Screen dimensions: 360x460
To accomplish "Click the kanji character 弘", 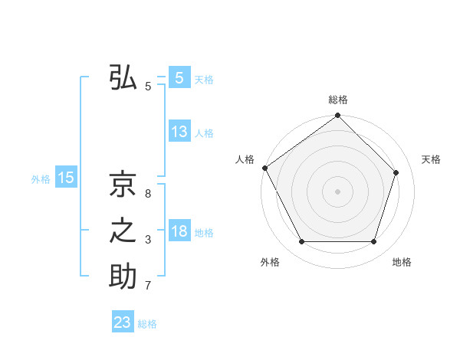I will tap(123, 78).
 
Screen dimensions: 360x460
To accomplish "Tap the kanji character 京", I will tap(123, 184).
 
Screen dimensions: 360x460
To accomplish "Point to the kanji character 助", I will tap(123, 277).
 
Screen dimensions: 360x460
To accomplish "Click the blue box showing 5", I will tap(179, 78).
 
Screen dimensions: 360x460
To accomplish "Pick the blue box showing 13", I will tap(179, 132).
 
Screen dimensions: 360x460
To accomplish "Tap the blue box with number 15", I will tap(66, 178).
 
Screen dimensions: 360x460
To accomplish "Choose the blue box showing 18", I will tap(179, 231).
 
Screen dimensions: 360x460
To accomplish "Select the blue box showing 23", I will tap(123, 322).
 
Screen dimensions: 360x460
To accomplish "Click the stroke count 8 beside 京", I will tap(148, 193).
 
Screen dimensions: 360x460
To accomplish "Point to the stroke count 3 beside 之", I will tap(148, 241).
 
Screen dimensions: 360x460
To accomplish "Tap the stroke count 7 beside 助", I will tap(148, 286).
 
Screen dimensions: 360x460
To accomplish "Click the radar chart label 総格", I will tap(338, 100).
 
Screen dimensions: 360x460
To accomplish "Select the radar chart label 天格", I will tap(432, 159).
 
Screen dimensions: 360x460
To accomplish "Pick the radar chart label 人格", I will tap(245, 159).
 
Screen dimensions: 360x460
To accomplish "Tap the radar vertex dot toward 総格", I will tap(338, 116).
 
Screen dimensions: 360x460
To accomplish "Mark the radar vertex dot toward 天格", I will tap(396, 172).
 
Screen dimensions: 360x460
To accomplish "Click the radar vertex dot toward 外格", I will tap(301, 242).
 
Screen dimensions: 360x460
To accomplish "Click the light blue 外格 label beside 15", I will tap(41, 179).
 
